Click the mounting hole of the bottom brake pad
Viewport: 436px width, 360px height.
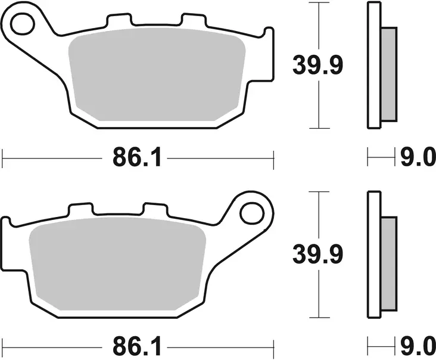[x=252, y=212]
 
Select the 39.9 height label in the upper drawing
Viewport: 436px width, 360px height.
[x=317, y=65]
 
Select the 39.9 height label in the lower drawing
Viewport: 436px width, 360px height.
[x=317, y=256]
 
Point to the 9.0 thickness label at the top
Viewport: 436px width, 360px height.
[x=414, y=159]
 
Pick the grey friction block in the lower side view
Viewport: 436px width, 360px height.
[x=388, y=262]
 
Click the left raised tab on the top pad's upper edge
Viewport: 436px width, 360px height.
[x=119, y=21]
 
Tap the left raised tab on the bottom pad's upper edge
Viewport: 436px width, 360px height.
[x=81, y=210]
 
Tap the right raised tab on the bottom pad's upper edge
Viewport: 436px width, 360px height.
[x=154, y=210]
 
